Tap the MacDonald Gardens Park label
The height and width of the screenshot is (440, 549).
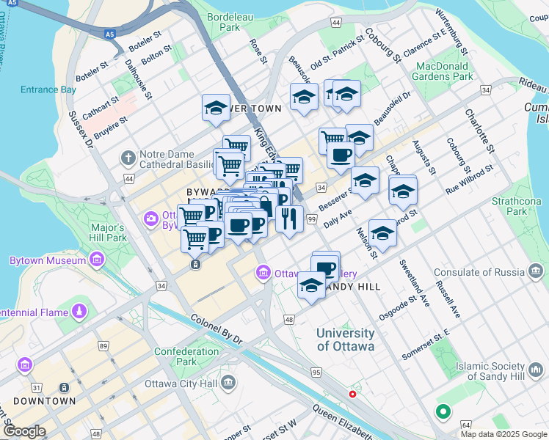pos(442,70)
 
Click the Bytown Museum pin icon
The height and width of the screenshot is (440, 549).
pos(97,260)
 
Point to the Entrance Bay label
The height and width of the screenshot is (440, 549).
pos(48,89)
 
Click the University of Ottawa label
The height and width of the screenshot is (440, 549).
pos(345,340)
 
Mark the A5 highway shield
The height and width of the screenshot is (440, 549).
pos(109,33)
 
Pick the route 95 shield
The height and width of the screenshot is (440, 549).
pos(316,373)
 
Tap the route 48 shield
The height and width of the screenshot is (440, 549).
pos(289,320)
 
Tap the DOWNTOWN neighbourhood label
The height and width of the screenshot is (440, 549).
pos(45,401)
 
